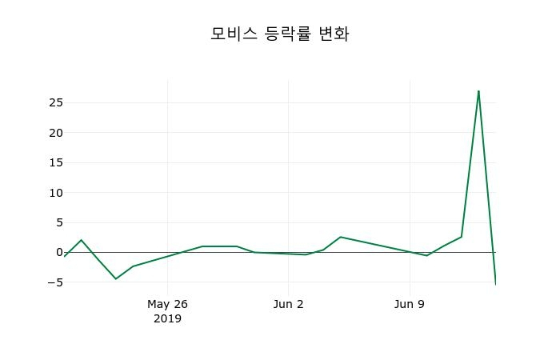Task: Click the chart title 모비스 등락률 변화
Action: coord(279,34)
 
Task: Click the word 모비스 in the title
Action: coord(234,34)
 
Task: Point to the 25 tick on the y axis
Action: coord(55,102)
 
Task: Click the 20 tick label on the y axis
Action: coord(55,133)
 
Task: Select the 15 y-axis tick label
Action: coord(55,162)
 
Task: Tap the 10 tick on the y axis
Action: coord(55,193)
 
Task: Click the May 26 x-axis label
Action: coord(167,304)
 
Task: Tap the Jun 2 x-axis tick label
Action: coord(288,304)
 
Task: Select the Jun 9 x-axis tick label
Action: coord(410,304)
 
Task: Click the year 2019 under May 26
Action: coord(167,318)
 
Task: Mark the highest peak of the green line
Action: coord(478,91)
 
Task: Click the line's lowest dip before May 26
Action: coord(115,278)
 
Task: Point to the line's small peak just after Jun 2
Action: coord(340,237)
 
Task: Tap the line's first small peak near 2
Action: coord(81,240)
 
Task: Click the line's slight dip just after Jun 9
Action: coord(426,255)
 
